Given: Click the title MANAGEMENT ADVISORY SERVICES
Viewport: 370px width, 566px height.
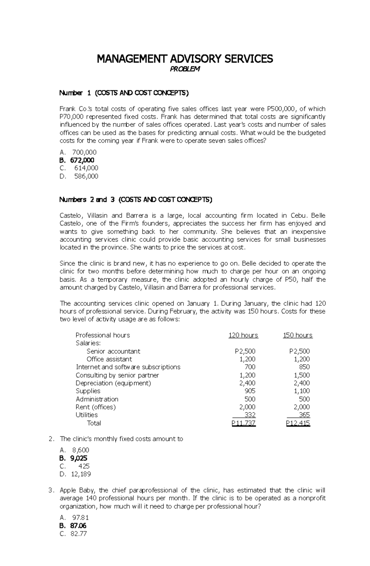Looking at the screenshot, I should pyautogui.click(x=185, y=59).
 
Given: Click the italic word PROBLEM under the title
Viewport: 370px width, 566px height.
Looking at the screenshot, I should pyautogui.click(x=185, y=69).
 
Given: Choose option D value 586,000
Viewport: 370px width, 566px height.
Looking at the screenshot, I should pyautogui.click(x=86, y=176).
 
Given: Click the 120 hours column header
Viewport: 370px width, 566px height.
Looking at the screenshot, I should pyautogui.click(x=243, y=335).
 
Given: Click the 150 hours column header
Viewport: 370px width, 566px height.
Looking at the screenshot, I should pyautogui.click(x=298, y=335).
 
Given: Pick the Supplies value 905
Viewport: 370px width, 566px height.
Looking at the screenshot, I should pyautogui.click(x=250, y=391).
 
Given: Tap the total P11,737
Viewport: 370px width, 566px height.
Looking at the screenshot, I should pyautogui.click(x=244, y=423).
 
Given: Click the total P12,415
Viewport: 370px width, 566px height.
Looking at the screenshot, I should pyautogui.click(x=298, y=423).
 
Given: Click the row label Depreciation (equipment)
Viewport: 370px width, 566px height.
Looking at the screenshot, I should pyautogui.click(x=113, y=383).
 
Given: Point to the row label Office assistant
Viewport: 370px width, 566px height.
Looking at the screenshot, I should pyautogui.click(x=109, y=359).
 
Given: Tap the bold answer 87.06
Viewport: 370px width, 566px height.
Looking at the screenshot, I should pyautogui.click(x=78, y=526).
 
